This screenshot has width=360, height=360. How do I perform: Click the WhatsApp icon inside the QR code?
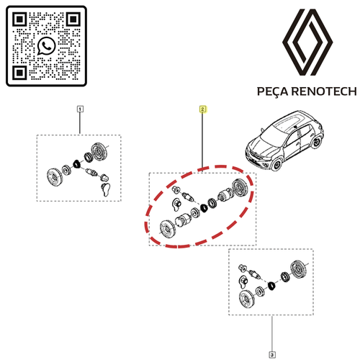pos(46,46)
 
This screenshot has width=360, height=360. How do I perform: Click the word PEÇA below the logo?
pos(273,91)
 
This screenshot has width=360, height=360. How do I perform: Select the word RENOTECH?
pos(324,91)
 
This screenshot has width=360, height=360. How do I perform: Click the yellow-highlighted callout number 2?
pos(202,109)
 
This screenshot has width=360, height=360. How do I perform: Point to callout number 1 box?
pos(80,109)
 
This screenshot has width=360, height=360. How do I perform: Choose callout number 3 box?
pos(272,354)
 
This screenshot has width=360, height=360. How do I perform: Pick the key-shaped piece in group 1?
pos(106,189)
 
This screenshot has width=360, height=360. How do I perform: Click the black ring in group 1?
pos(77,164)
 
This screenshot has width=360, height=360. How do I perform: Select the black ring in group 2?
pos(204,207)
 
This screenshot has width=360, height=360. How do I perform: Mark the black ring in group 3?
pos(271,286)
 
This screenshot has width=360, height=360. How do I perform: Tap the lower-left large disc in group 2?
pos(167,229)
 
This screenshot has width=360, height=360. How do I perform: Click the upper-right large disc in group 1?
pos(98,152)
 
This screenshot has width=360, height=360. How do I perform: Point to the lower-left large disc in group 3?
pos(247,299)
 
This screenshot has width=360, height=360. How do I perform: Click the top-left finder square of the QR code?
pos(19,19)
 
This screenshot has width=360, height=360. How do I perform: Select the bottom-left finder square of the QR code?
pos(19,72)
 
